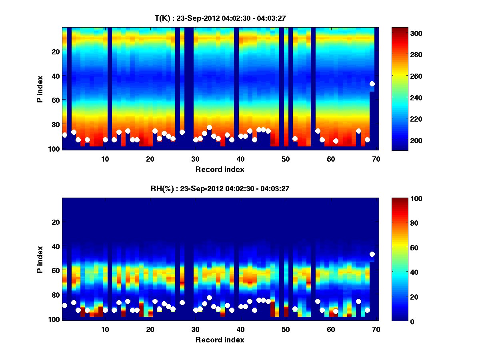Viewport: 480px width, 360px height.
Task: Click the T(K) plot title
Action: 220,18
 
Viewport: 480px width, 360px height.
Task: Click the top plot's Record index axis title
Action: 220,169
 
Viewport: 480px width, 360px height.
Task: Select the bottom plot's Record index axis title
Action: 220,340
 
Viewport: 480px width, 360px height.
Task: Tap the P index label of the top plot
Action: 40,88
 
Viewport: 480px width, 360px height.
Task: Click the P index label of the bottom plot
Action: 40,259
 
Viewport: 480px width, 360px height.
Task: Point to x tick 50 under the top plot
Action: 286,159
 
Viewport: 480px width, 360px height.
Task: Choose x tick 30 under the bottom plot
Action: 195,329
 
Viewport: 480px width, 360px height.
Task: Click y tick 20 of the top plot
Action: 55,52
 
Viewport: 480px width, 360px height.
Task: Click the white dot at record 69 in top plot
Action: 372,84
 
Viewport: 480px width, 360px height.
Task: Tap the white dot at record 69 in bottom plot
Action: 372,254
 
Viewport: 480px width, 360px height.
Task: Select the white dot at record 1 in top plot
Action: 65,135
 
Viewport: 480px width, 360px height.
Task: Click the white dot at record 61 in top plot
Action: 336,141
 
